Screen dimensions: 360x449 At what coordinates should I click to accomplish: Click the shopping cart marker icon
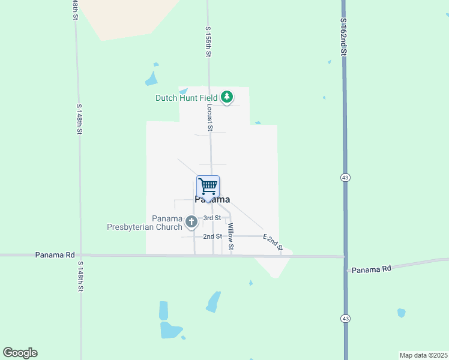(x=208, y=186)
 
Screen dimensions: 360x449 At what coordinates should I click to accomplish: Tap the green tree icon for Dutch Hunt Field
(x=227, y=97)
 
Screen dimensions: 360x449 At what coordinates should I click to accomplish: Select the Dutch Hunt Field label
(x=187, y=98)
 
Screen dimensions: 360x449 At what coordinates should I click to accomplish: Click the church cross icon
(x=191, y=223)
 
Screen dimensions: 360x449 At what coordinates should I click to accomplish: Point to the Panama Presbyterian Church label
(x=145, y=223)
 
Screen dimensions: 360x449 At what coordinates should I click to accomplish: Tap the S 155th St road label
(x=208, y=42)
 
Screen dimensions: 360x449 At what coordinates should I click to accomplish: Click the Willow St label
(x=231, y=237)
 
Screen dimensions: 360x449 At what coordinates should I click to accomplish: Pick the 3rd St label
(x=212, y=218)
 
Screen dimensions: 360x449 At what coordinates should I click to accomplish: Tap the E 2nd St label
(x=273, y=241)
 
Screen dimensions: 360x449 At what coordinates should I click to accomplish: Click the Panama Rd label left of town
(x=58, y=254)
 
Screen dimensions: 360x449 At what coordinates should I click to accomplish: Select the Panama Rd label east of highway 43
(x=371, y=269)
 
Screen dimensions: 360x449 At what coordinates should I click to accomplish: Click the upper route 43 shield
(x=345, y=178)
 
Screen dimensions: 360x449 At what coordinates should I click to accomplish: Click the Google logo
(x=20, y=353)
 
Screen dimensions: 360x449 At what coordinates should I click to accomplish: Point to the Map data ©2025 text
(x=423, y=355)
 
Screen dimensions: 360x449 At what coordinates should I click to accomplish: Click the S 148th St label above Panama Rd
(x=79, y=119)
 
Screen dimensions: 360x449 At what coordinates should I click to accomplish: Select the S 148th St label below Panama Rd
(x=80, y=276)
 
